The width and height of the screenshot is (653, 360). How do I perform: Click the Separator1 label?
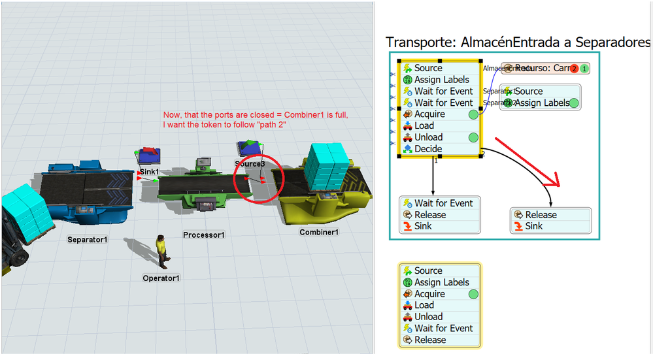pyautogui.click(x=87, y=240)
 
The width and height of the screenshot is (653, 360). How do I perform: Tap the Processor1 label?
pyautogui.click(x=204, y=235)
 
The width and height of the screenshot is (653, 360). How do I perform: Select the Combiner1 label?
pyautogui.click(x=319, y=233)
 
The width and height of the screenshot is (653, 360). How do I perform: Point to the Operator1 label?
pyautogui.click(x=161, y=278)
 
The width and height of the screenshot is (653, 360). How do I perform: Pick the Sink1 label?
pyautogui.click(x=149, y=172)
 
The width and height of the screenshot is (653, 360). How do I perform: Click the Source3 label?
pyautogui.click(x=250, y=163)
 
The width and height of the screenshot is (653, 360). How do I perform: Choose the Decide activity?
pyautogui.click(x=428, y=149)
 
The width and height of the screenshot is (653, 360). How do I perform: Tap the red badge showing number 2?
pyautogui.click(x=574, y=69)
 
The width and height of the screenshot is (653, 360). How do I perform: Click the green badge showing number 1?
pyautogui.click(x=584, y=69)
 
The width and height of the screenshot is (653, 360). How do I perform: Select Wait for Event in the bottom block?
pyautogui.click(x=443, y=329)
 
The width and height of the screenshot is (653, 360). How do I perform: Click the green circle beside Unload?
pyautogui.click(x=474, y=138)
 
